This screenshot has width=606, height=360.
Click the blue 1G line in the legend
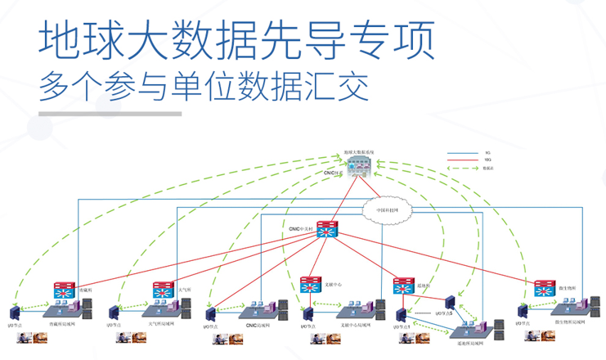click(x=462, y=153)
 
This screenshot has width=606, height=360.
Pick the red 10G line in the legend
click(x=462, y=160)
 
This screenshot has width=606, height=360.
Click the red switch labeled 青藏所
click(x=65, y=289)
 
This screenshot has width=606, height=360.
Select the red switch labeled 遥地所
click(x=403, y=286)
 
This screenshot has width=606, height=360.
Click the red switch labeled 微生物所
click(x=544, y=288)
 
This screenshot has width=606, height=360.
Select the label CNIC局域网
click(x=257, y=325)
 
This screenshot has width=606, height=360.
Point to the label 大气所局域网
click(x=164, y=325)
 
